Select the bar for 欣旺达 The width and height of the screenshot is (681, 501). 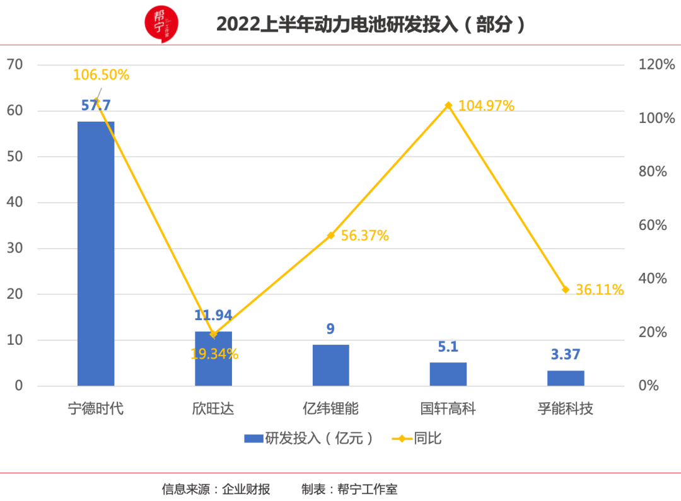tap(213, 359)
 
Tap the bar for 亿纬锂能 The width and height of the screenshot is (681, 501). tap(330, 365)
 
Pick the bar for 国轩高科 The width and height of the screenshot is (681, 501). tap(448, 374)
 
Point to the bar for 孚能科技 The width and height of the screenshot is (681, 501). tap(566, 378)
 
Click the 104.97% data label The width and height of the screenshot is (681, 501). tap(486, 106)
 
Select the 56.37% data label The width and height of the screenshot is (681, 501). tap(364, 236)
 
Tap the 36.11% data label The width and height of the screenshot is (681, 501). tap(599, 290)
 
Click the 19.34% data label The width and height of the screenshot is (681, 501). tap(214, 354)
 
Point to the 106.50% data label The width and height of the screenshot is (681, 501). tap(101, 75)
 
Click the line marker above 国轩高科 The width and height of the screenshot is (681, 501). tap(448, 105)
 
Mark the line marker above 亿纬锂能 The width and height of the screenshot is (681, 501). tap(330, 236)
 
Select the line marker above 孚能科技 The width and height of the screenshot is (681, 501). tap(566, 289)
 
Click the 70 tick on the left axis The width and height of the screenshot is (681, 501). tap(15, 64)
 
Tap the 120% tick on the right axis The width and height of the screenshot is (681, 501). tap(656, 64)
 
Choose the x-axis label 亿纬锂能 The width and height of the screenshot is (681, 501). tap(330, 408)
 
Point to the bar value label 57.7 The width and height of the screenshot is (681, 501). tap(96, 105)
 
